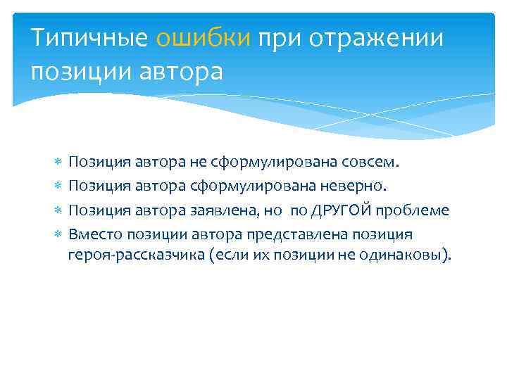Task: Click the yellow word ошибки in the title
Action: (203, 38)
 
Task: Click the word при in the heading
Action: (277, 38)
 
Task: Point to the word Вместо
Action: (92, 234)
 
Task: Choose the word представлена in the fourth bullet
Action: (289, 234)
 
